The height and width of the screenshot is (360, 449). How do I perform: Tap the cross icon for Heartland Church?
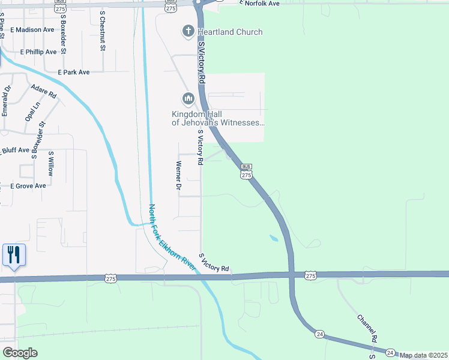(x=188, y=31)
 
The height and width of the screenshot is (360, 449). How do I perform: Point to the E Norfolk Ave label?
(x=259, y=4)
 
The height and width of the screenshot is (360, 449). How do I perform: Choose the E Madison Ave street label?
(x=31, y=29)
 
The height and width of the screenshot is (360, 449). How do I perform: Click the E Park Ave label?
(x=74, y=72)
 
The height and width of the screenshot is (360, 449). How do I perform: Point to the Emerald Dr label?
(x=5, y=101)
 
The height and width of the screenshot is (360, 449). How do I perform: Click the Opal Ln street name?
(x=32, y=111)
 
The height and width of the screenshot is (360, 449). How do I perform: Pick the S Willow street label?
(x=51, y=163)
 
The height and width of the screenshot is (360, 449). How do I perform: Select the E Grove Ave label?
(x=28, y=186)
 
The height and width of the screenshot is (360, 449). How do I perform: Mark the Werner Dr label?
(x=178, y=175)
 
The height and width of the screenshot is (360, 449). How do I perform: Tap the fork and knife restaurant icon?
(x=14, y=254)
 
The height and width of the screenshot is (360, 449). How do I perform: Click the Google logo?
(x=20, y=353)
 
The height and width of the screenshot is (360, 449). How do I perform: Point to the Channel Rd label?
(x=367, y=329)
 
